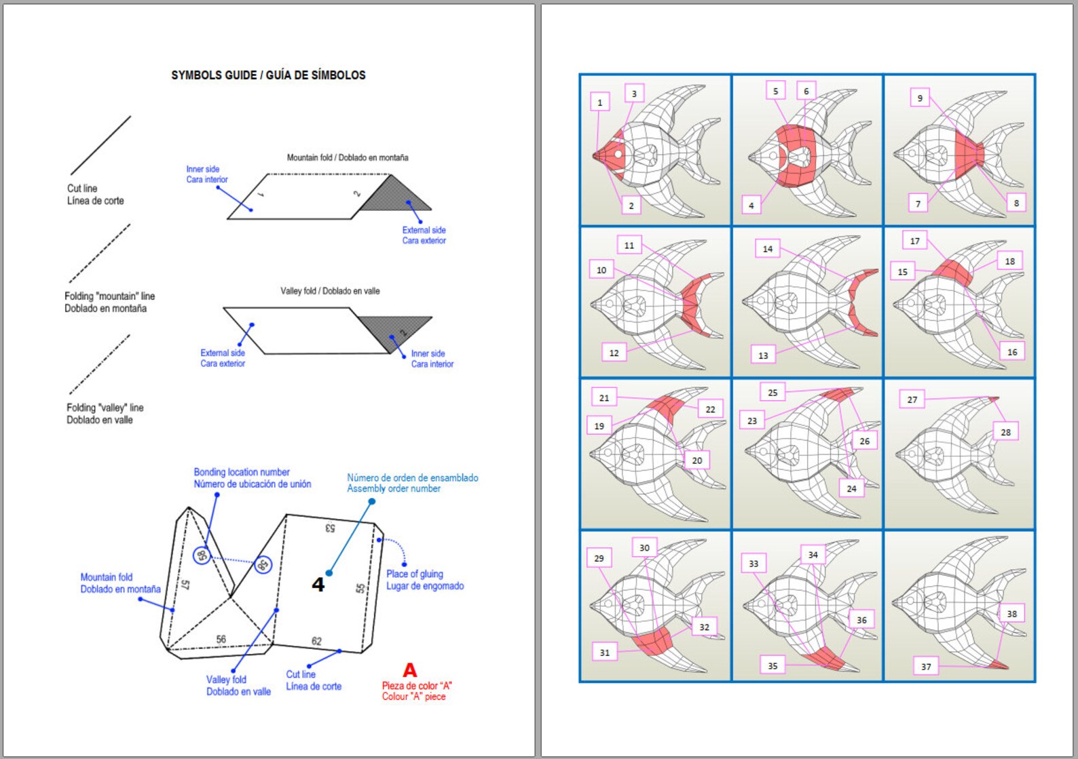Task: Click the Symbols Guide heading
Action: point(268,75)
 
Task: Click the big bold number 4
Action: point(318,585)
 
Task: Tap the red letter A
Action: point(409,670)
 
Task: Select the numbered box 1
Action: point(599,102)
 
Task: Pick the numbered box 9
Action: point(920,98)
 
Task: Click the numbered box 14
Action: point(767,249)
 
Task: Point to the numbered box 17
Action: point(914,241)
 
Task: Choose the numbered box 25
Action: point(773,392)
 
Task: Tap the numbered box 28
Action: point(1005,432)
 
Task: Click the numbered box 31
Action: point(604,653)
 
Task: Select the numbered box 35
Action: point(773,665)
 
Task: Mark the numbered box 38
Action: point(1011,614)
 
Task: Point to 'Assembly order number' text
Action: point(394,488)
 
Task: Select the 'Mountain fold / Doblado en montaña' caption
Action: point(347,157)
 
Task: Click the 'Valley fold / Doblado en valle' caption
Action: point(330,291)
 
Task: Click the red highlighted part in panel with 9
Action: point(967,155)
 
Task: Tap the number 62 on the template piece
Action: point(316,641)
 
